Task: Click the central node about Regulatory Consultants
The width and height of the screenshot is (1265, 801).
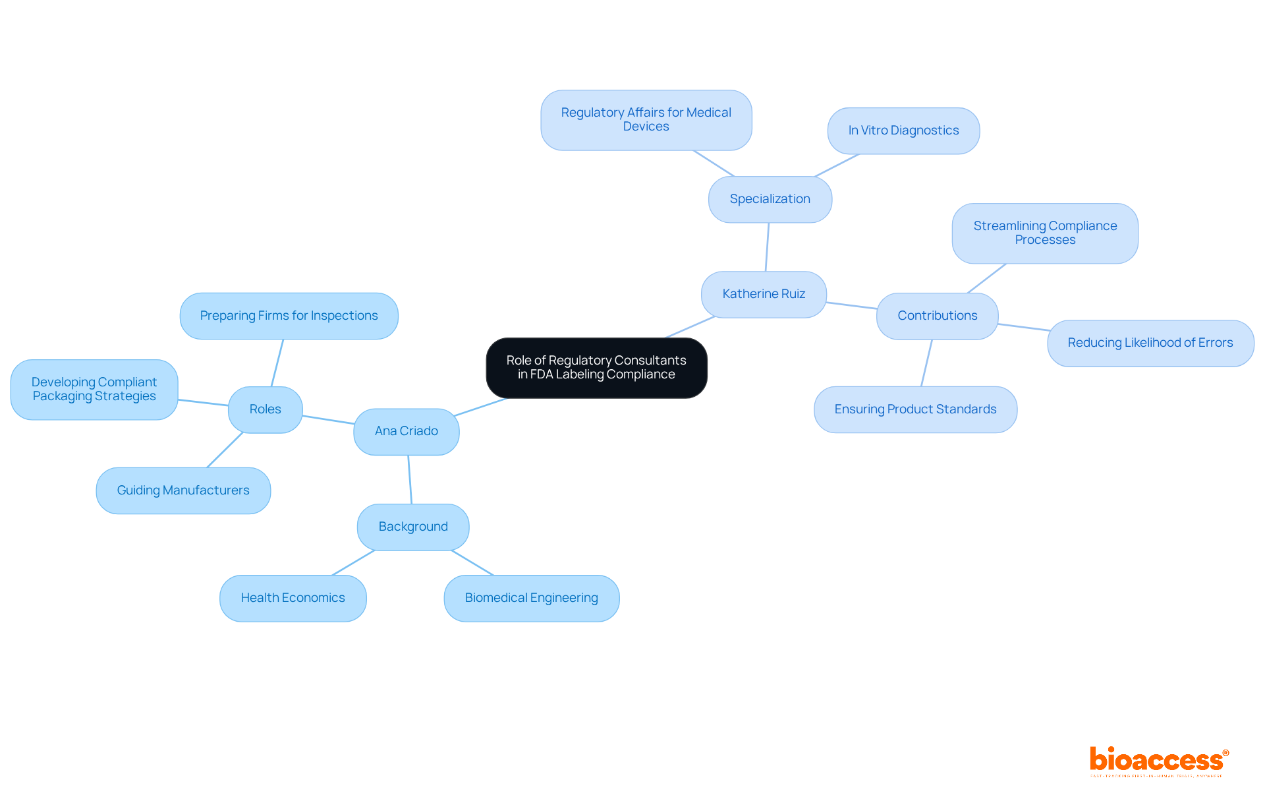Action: (x=596, y=368)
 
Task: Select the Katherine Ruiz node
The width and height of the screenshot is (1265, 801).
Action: (x=764, y=294)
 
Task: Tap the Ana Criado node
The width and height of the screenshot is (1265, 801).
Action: (x=406, y=431)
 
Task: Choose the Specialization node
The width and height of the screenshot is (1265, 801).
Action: (x=770, y=199)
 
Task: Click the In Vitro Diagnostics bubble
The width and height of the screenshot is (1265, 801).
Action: (x=903, y=131)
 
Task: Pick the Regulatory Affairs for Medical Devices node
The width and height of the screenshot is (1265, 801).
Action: (x=646, y=120)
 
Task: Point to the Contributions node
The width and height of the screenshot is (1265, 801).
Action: (x=937, y=316)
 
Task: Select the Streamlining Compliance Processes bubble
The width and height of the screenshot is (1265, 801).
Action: (x=1045, y=233)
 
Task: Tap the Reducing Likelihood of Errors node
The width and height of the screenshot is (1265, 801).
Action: (x=1150, y=343)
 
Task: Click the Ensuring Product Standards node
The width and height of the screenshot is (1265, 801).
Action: (x=915, y=409)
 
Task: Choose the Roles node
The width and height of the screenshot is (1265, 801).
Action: (x=265, y=409)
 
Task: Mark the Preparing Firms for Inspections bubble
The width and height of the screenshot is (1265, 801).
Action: (x=289, y=316)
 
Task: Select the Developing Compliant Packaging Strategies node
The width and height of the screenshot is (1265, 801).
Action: (x=94, y=390)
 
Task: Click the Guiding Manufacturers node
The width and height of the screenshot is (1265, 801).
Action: (x=183, y=490)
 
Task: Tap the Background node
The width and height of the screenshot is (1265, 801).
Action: (x=413, y=527)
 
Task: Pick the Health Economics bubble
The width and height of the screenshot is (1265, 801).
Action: (x=293, y=598)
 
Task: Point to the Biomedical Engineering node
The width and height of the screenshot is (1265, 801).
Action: (x=531, y=598)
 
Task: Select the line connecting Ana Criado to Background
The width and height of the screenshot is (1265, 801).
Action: (x=410, y=480)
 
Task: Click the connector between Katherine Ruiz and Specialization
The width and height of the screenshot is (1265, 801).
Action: (x=767, y=247)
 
